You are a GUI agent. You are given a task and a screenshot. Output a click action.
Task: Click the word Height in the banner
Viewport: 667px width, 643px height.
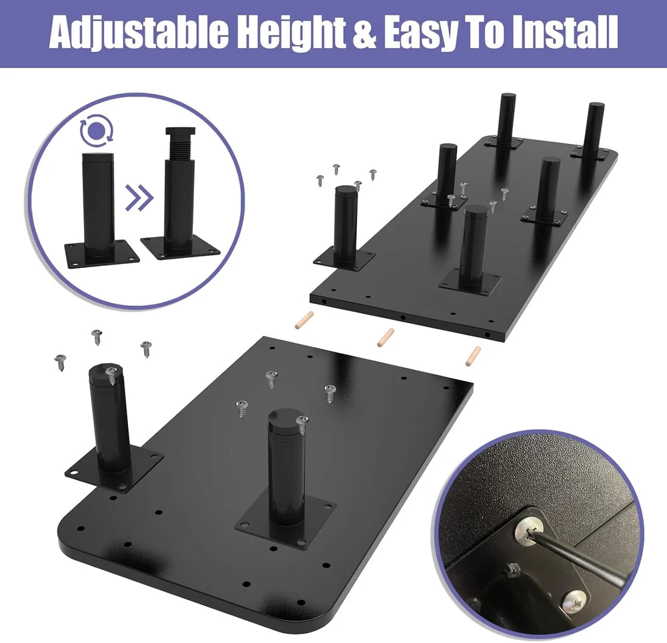click(x=290, y=34)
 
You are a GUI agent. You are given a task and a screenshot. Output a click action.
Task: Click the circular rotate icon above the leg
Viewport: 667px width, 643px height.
click(x=97, y=129)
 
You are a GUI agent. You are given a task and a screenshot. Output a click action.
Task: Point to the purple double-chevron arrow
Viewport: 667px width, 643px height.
click(x=139, y=198)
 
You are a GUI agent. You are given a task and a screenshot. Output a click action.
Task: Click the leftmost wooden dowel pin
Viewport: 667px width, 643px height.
click(x=304, y=320)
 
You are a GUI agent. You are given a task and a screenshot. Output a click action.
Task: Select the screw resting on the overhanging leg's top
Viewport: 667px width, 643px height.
click(x=112, y=376)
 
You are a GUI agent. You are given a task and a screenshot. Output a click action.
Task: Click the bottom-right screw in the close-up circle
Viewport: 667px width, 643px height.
click(x=575, y=601)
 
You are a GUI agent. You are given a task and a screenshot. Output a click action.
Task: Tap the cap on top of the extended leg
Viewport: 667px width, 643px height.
click(x=180, y=131)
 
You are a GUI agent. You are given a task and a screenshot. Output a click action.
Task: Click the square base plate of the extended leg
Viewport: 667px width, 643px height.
click(x=181, y=249)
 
